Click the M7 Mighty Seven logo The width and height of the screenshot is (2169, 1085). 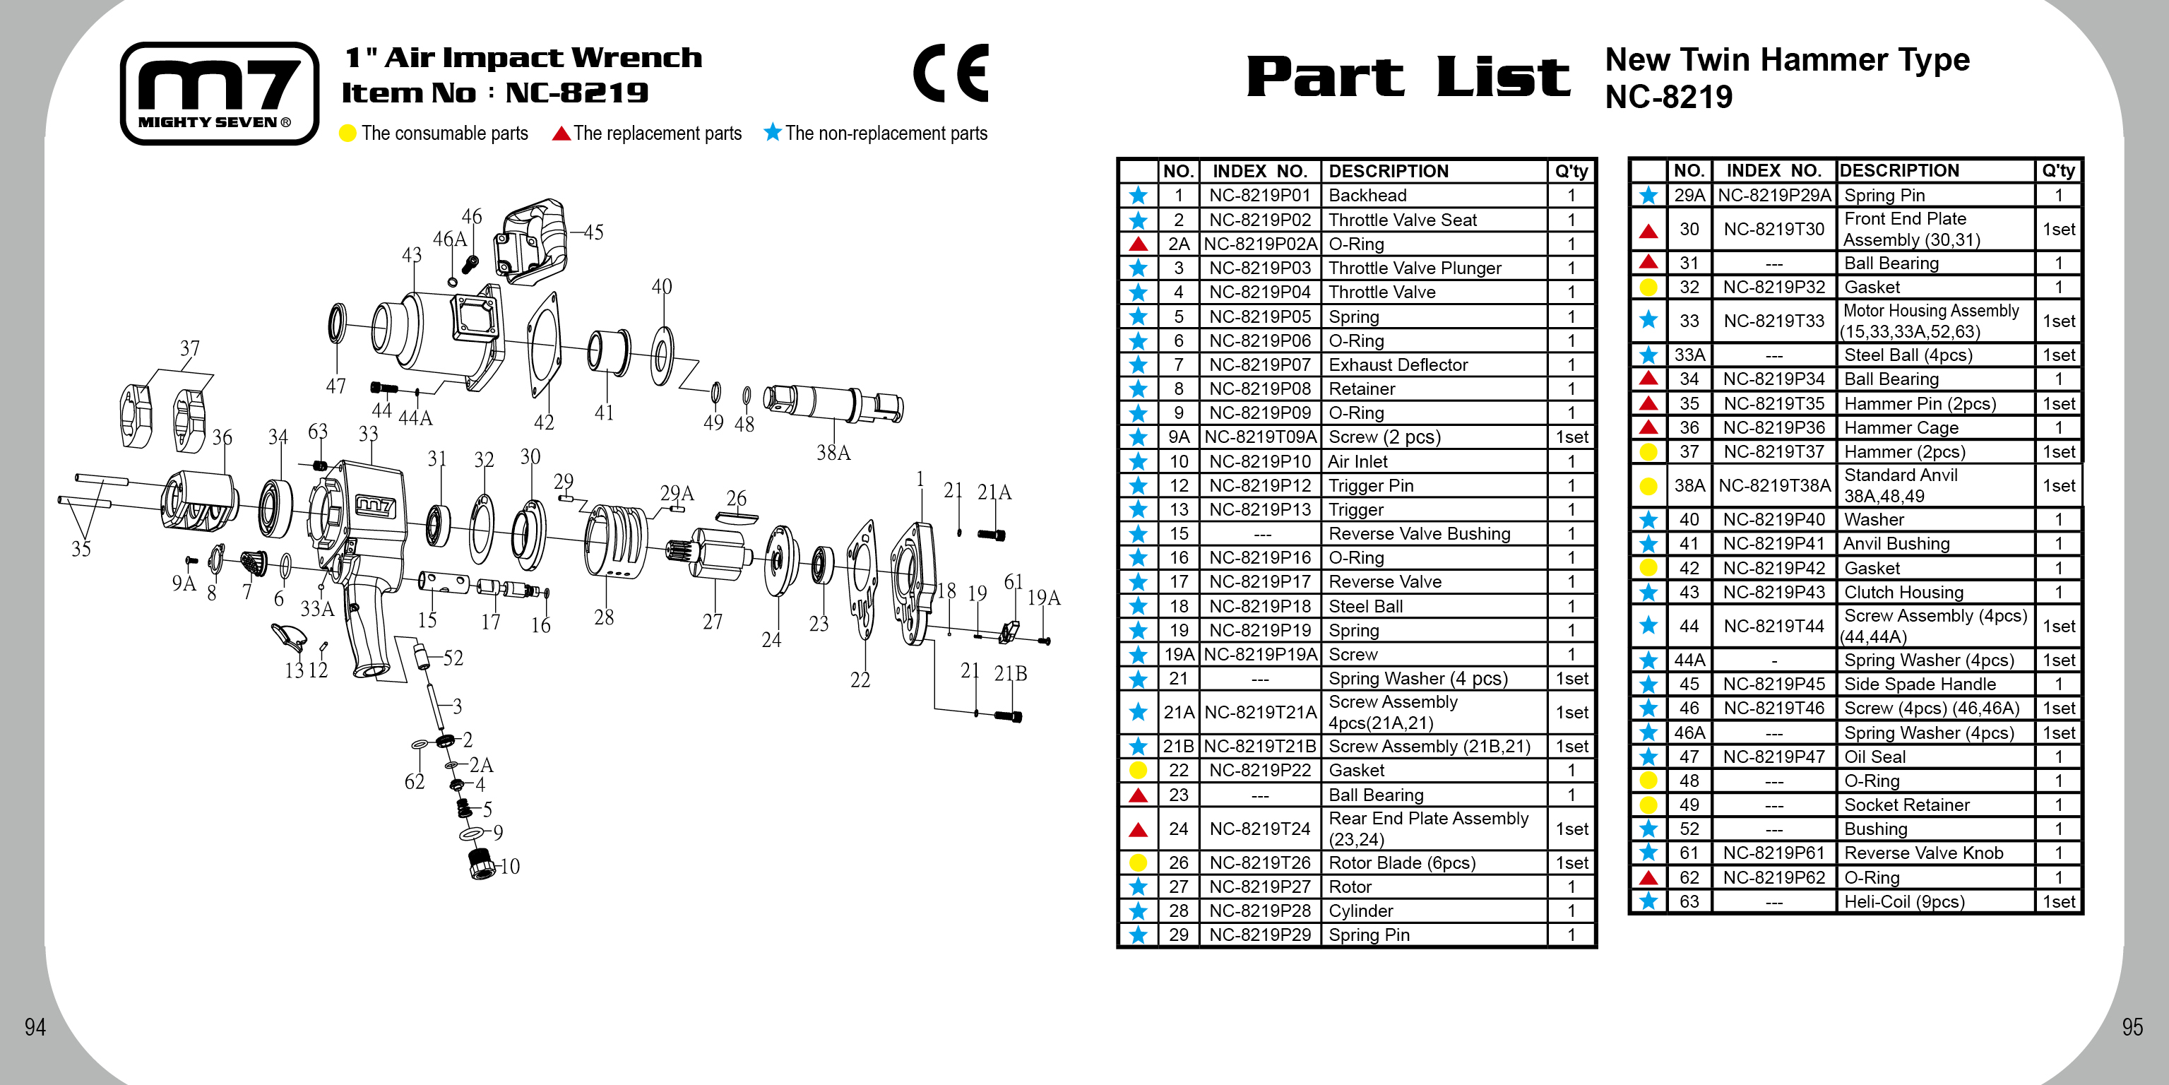(x=219, y=93)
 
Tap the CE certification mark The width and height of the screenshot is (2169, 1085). (x=951, y=73)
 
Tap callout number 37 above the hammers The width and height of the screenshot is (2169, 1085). (x=189, y=349)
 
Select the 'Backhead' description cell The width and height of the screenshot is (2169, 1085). (x=1367, y=196)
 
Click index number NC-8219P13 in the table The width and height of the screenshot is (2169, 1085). (x=1259, y=509)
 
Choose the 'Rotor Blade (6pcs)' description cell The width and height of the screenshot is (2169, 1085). (x=1397, y=862)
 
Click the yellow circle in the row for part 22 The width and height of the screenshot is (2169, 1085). (x=1138, y=770)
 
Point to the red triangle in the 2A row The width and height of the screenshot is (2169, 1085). (x=1138, y=244)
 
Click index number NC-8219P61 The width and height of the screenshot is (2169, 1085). (x=1773, y=853)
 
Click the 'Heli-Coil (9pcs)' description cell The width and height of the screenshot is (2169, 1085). (x=1903, y=901)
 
